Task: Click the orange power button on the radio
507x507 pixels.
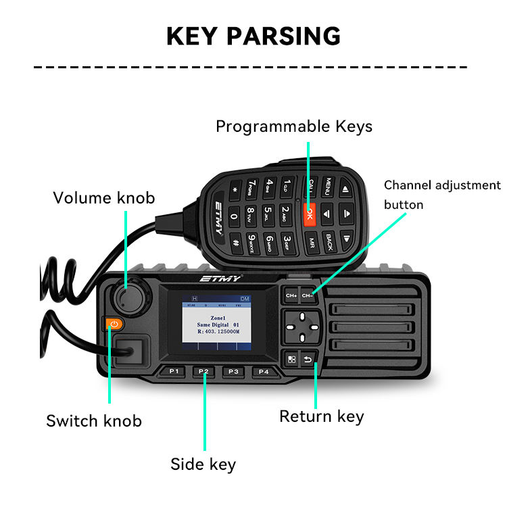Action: [114, 324]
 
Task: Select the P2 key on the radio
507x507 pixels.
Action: [203, 371]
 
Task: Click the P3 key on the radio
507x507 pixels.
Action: [233, 371]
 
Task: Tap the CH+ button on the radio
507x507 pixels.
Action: [291, 295]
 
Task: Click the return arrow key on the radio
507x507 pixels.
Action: [309, 359]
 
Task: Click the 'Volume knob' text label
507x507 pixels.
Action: [104, 198]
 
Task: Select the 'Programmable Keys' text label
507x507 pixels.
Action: [294, 126]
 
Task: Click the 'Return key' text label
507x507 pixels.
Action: [322, 416]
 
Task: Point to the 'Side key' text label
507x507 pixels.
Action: [203, 464]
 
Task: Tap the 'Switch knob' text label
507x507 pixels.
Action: [94, 420]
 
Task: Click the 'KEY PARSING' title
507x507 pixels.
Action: [254, 35]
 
